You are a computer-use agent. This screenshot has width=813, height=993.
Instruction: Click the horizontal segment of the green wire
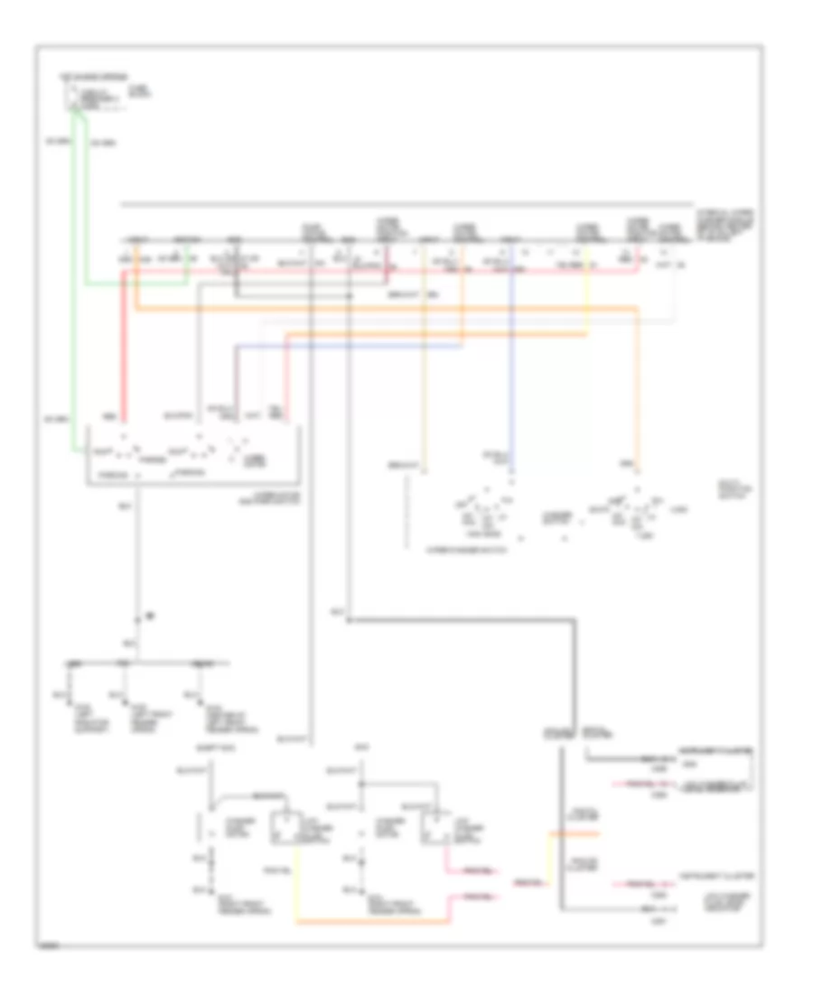(135, 283)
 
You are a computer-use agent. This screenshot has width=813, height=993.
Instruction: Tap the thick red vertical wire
(124, 343)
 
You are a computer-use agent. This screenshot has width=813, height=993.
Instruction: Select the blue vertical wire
(510, 361)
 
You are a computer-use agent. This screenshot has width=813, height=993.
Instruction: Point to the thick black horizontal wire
(461, 620)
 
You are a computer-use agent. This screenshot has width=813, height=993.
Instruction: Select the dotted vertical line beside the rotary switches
(406, 515)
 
